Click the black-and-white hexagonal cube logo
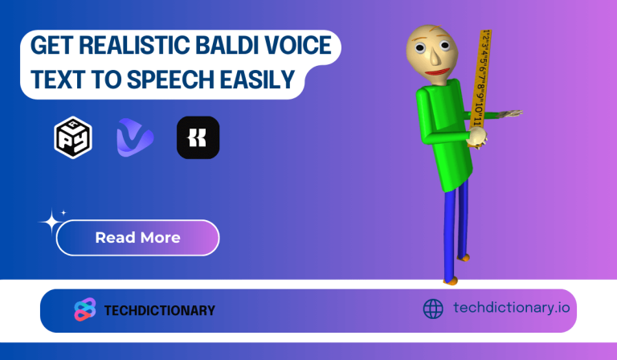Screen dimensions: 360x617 [x=72, y=137]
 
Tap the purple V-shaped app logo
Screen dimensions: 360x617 [x=134, y=137]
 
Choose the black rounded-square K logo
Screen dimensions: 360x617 [x=198, y=137]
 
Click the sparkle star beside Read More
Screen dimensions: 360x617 [x=51, y=220]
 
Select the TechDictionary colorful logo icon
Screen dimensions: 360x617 [x=84, y=309]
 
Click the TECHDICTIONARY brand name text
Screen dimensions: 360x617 [x=160, y=310]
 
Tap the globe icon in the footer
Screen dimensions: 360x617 [x=433, y=309]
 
